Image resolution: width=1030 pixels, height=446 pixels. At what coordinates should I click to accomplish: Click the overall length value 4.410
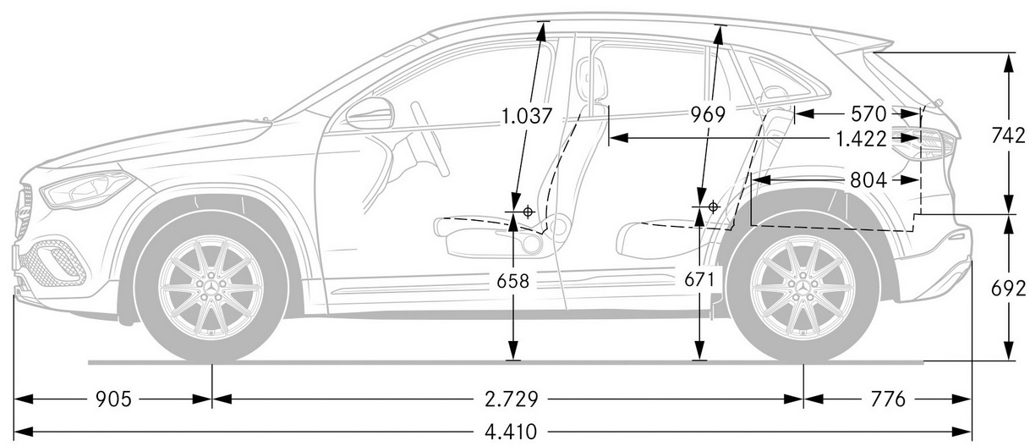(511, 432)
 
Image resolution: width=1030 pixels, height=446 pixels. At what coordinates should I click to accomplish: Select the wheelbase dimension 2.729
(512, 399)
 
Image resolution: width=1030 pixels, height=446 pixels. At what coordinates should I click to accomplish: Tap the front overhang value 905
(113, 399)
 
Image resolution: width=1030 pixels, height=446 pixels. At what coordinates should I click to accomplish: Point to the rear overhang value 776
(888, 399)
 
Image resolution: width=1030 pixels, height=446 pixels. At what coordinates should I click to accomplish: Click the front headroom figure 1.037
(526, 116)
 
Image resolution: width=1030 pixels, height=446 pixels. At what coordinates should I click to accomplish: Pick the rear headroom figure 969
(708, 114)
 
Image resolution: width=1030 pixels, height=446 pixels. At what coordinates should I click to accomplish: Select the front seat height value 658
(513, 281)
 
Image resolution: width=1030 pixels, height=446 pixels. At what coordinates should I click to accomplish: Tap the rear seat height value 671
(699, 279)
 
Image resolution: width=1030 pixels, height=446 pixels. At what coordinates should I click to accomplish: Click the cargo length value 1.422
(860, 139)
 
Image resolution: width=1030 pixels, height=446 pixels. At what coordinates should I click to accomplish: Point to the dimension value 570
(868, 114)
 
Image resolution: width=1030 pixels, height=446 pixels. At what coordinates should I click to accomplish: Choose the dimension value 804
(868, 180)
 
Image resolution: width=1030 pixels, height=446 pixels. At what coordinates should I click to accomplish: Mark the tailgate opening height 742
(1007, 135)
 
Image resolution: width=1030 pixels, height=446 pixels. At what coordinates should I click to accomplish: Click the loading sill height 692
(1008, 289)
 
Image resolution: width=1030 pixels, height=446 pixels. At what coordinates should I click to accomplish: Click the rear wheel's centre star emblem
(803, 287)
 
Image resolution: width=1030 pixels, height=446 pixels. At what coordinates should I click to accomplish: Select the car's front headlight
(85, 190)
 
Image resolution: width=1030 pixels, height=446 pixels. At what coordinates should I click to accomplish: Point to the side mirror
(370, 113)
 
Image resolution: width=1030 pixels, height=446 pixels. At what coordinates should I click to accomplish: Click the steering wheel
(430, 139)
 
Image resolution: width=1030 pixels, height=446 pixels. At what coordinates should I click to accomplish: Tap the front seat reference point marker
(529, 212)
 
